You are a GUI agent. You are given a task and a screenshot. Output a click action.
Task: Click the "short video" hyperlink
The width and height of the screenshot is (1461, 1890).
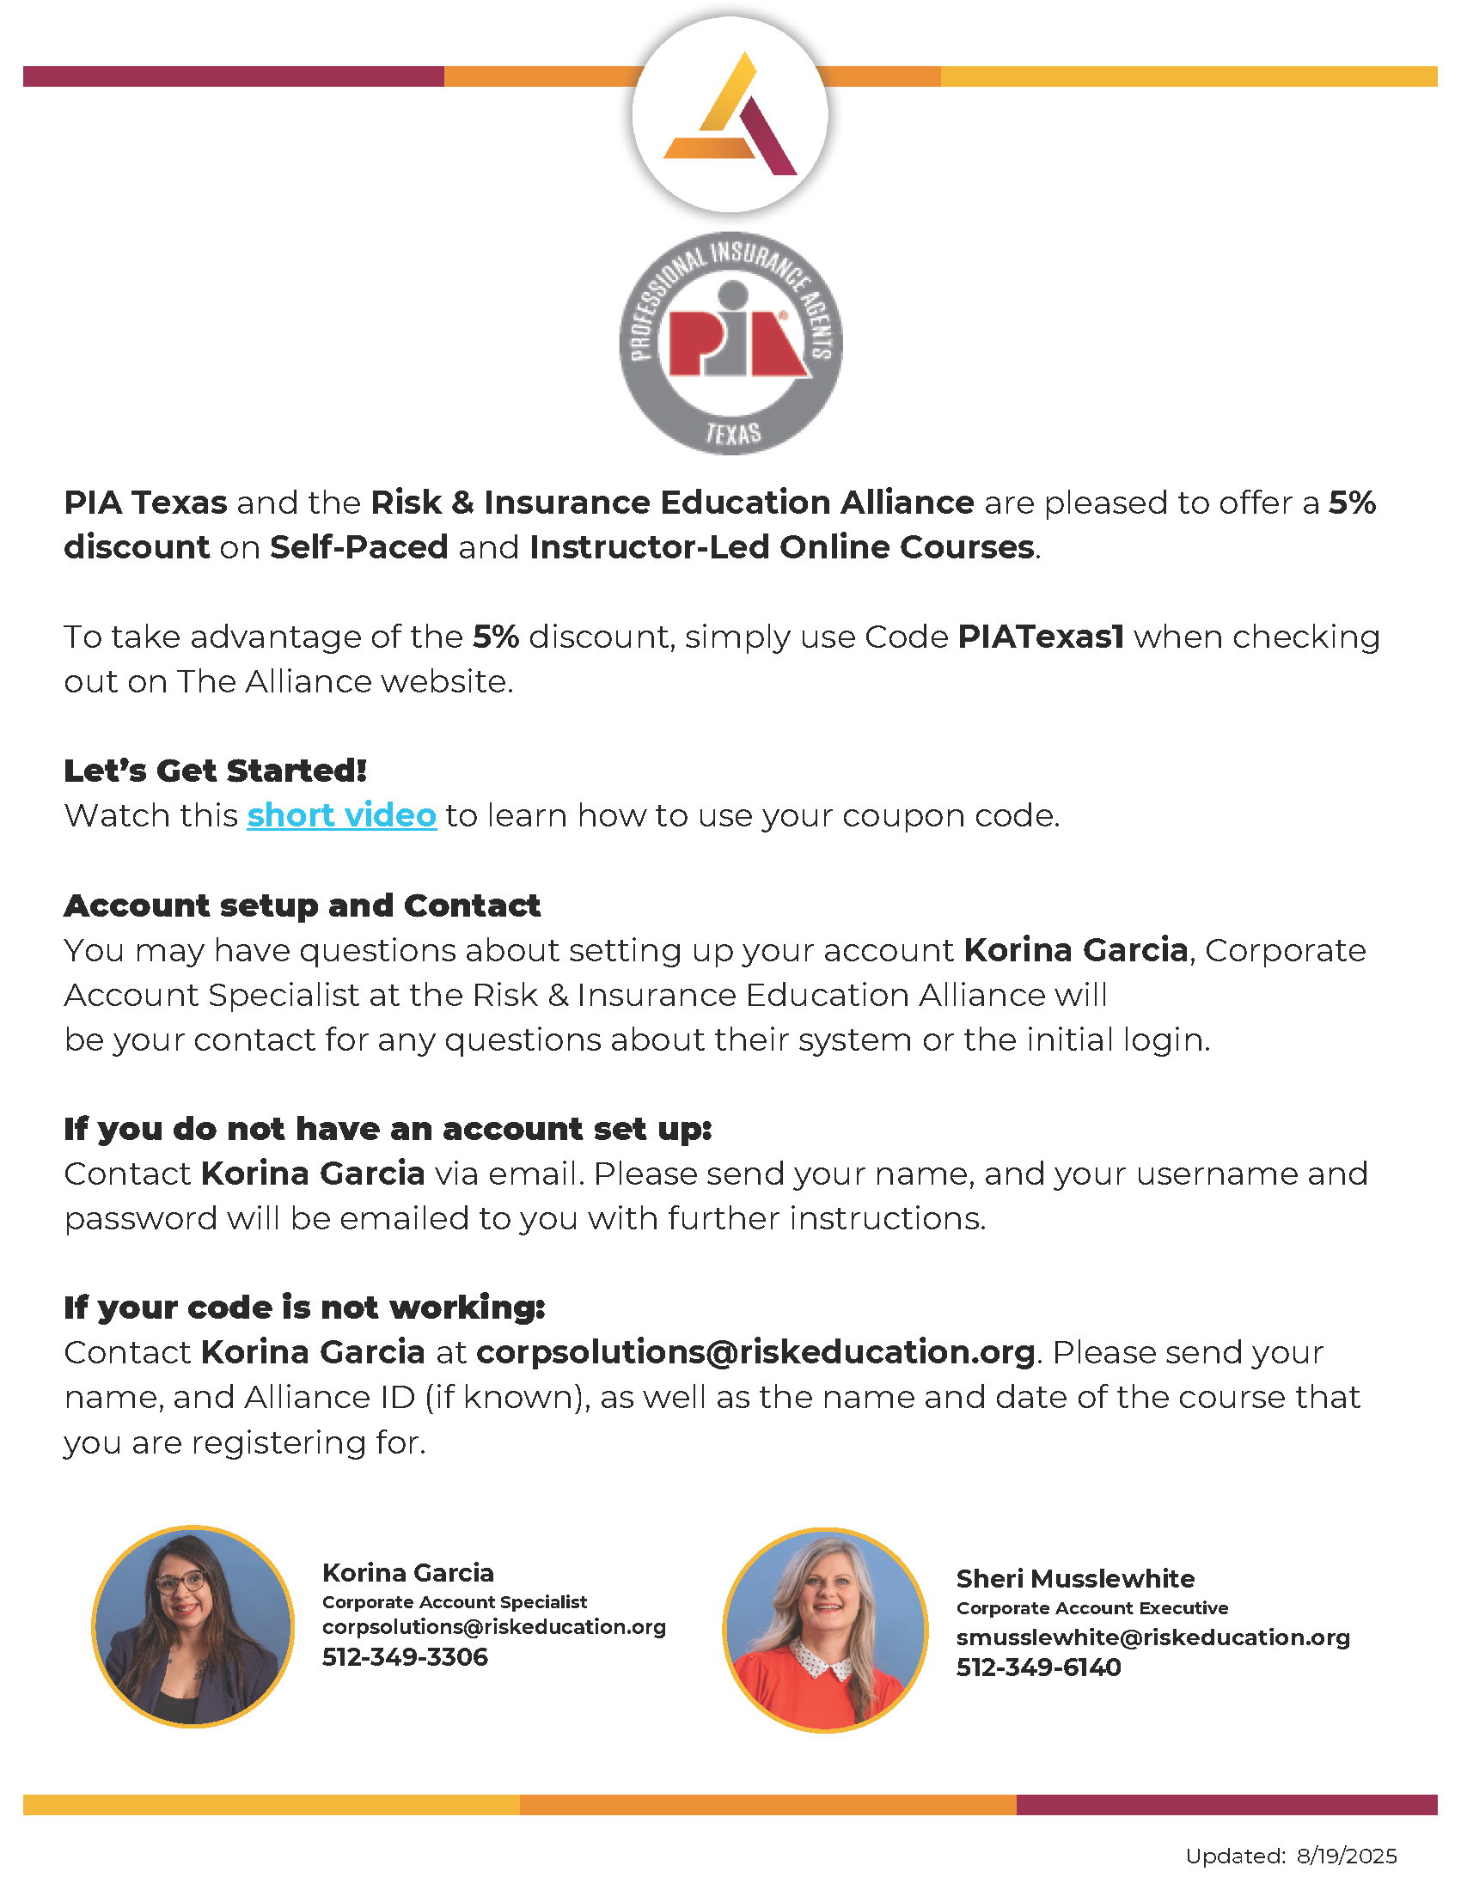point(341,815)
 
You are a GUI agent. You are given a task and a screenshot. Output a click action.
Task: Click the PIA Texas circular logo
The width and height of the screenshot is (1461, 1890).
point(731,343)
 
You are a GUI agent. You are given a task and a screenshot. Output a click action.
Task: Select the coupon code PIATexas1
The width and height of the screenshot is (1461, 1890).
point(1041,637)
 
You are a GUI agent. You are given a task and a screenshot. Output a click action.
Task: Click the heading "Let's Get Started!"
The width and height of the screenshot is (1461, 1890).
point(216,771)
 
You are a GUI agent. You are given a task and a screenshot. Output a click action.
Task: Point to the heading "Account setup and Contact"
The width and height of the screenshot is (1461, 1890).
point(302,905)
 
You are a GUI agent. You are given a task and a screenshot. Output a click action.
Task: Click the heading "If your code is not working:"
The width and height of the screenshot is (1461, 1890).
point(305,1307)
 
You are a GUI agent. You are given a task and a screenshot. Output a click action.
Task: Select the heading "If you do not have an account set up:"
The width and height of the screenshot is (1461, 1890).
point(388,1129)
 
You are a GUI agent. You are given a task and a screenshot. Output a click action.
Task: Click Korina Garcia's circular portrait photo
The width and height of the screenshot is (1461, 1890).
point(193,1626)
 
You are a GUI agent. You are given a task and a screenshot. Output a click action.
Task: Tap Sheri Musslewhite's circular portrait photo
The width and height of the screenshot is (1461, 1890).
point(825,1630)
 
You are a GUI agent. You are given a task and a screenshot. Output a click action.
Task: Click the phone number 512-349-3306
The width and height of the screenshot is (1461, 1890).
point(405,1656)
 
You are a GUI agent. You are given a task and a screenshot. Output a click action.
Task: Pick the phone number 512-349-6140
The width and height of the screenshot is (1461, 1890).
point(1039,1667)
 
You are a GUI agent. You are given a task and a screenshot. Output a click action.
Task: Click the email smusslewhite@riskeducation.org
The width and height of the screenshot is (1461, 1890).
point(1152,1637)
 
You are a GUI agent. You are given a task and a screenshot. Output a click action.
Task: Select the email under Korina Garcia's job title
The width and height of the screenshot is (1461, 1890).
point(494,1627)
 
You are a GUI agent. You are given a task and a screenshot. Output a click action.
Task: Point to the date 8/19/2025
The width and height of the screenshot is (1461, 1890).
point(1347,1856)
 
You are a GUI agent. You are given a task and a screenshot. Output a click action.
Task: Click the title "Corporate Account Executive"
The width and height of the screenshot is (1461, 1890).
point(1092,1608)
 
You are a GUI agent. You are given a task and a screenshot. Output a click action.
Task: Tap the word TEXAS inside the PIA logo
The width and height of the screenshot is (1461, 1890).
point(733,433)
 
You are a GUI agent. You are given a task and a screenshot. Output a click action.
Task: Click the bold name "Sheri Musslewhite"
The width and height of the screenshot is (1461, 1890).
point(1075,1578)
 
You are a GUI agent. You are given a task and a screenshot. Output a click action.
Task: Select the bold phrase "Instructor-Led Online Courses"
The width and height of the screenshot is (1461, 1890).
point(781,547)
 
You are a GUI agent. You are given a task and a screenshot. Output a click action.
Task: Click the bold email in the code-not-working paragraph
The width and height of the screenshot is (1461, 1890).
point(755,1351)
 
